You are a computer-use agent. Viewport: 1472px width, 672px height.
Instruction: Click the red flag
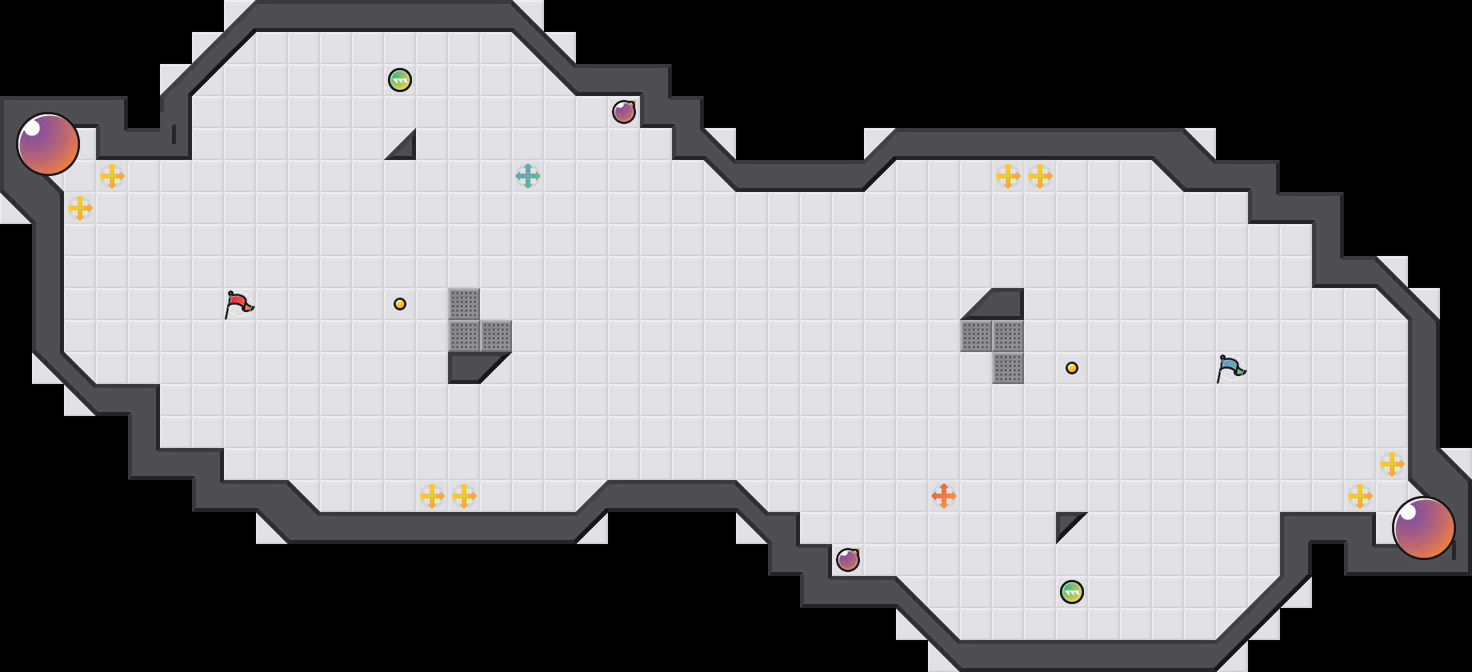pos(238,304)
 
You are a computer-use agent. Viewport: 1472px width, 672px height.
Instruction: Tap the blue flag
pos(1230,368)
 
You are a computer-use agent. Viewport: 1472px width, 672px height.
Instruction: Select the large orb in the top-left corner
pos(48,144)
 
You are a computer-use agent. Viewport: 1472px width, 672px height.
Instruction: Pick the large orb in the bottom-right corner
pos(1423,528)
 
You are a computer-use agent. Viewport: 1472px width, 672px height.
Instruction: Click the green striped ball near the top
pos(400,80)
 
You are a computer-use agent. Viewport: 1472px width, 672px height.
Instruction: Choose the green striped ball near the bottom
pos(1072,592)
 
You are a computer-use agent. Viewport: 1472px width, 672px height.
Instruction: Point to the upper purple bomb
pos(624,112)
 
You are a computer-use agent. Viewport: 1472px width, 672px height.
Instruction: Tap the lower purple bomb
pos(848,560)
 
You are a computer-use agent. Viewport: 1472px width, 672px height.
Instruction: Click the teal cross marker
pos(528,176)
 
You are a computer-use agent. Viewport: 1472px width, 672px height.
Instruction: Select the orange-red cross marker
pos(944,496)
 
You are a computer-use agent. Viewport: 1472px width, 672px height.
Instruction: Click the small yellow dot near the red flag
pos(400,304)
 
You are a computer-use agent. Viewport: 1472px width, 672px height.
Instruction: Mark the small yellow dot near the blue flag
pos(1072,368)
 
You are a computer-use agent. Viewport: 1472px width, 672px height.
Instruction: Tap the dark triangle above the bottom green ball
pos(1066,522)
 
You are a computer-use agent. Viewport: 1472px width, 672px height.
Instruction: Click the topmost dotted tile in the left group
pos(464,304)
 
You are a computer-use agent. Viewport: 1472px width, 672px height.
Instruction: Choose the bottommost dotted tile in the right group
pos(1008,368)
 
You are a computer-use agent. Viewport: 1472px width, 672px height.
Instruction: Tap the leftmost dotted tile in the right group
pos(976,336)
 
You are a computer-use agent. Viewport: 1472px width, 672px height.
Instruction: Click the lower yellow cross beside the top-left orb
pos(80,208)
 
